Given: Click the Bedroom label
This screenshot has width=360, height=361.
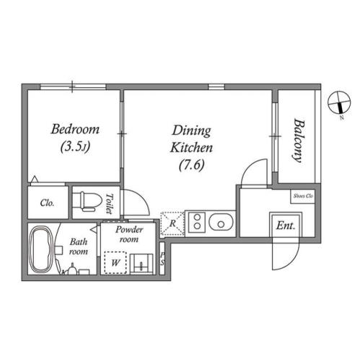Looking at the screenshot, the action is [x=75, y=129].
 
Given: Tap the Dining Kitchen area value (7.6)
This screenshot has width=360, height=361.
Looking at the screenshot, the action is [x=192, y=165].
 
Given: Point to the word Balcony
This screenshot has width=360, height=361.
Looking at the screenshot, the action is [x=299, y=141].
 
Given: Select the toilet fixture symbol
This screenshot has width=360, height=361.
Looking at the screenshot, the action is [x=87, y=201].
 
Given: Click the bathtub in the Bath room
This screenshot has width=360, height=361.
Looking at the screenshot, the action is [x=41, y=250].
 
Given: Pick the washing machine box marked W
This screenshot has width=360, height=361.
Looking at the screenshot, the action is [x=115, y=262].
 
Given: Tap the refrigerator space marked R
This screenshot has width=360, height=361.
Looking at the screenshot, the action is [x=172, y=224].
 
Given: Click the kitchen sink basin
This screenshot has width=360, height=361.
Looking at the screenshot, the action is [x=221, y=222].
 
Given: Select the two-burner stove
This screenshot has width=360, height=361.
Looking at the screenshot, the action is [x=197, y=222].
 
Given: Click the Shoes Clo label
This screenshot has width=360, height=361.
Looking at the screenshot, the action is [x=303, y=196].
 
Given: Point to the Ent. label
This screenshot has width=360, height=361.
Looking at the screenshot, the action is [x=286, y=225].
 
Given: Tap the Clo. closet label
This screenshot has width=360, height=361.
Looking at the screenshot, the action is [x=48, y=203].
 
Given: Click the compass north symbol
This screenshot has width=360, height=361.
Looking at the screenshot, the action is [x=339, y=103].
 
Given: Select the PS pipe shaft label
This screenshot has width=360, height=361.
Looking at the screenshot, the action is [x=162, y=258].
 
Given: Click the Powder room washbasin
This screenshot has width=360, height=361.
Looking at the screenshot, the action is [x=141, y=264].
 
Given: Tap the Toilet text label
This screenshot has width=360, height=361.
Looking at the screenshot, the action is [x=110, y=204].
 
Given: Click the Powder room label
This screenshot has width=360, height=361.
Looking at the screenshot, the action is [x=129, y=234].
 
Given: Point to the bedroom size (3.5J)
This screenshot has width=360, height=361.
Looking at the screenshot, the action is [x=75, y=147].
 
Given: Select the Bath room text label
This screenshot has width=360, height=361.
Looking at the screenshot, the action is [x=79, y=246].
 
